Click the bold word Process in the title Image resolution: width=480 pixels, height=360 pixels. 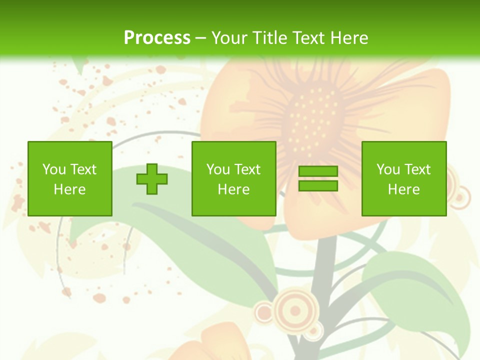point(157,38)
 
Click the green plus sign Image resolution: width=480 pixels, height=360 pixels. point(152,179)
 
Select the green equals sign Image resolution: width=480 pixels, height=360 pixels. point(318,178)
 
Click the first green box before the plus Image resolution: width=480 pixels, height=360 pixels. point(70,178)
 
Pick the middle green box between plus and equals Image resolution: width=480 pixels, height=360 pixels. point(234,178)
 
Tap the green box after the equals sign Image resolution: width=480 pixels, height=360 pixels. point(404,178)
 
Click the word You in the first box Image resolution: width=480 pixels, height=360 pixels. point(54,169)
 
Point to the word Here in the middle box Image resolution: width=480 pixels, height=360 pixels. point(234,189)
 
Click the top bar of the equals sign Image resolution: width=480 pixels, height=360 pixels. point(318,171)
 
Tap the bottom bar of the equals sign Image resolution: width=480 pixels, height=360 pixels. point(318,185)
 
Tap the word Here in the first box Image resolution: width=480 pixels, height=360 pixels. point(70,189)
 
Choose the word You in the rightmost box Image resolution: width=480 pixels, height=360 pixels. point(388,169)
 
